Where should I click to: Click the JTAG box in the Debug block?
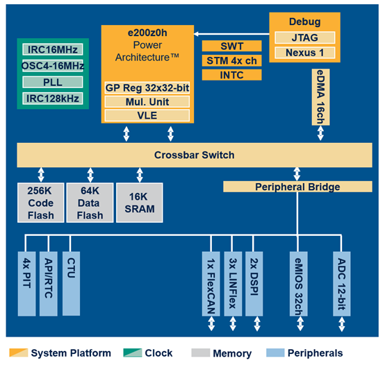point(304,37)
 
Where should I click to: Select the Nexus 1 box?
point(304,53)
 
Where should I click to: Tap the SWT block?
point(231,46)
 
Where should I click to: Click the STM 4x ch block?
point(231,60)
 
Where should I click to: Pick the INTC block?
point(231,75)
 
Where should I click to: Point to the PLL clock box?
point(53,82)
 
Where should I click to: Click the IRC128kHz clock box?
point(53,99)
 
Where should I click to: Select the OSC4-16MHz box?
point(53,66)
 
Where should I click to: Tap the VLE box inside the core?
point(147,115)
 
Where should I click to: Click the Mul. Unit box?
point(147,102)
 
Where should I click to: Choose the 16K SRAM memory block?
point(140,203)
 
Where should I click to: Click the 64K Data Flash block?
point(90,203)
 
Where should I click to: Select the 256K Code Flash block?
point(41,203)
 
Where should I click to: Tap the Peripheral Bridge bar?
point(297,187)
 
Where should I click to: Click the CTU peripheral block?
point(71,283)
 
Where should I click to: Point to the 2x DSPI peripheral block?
point(254,284)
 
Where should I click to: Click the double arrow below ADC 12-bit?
point(341,324)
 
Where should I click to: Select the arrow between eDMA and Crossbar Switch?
point(320,133)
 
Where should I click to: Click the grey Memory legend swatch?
point(201,353)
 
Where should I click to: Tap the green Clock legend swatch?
point(133,353)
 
